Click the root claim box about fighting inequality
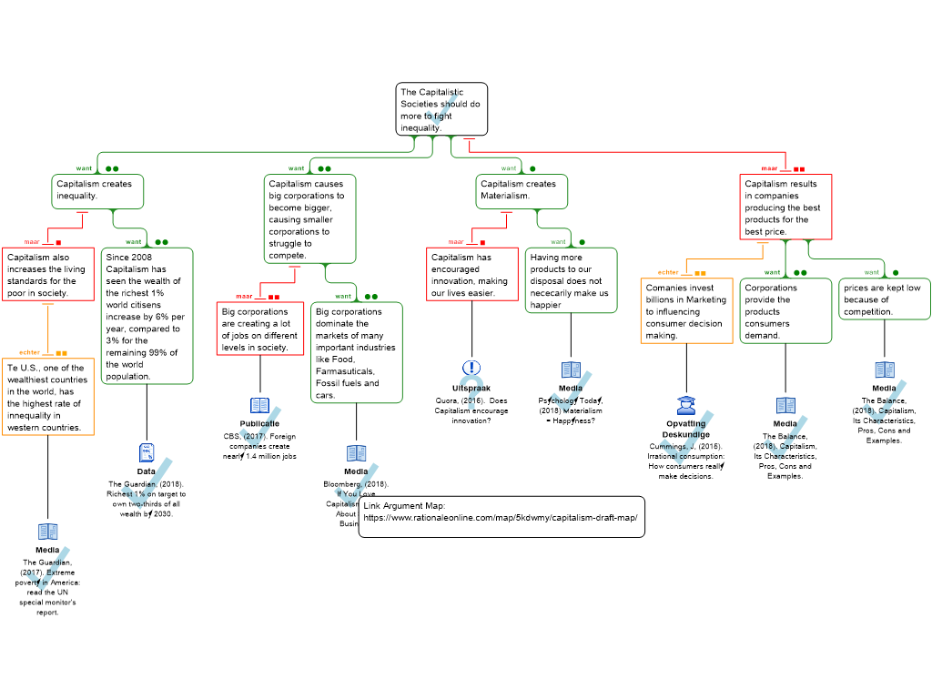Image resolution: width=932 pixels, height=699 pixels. [441, 109]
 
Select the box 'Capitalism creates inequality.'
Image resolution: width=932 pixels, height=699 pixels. [99, 190]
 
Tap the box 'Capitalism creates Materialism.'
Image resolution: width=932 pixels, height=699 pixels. [522, 190]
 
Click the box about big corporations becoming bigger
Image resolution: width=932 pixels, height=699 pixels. [309, 219]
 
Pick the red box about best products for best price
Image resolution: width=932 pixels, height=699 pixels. [785, 208]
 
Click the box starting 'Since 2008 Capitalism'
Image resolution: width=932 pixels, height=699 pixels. [147, 316]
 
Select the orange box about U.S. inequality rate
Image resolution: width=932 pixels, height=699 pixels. [48, 398]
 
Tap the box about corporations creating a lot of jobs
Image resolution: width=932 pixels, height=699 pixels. [260, 329]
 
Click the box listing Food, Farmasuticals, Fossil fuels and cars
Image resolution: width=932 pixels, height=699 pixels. [357, 352]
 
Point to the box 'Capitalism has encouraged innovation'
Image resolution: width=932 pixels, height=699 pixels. [472, 275]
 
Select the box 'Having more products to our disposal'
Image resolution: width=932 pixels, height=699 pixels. [571, 280]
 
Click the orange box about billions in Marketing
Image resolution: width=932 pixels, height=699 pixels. [686, 311]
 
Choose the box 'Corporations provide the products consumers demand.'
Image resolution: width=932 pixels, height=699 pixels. [785, 311]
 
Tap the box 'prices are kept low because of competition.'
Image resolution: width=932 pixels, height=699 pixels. [884, 299]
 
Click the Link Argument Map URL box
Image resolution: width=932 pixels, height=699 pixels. [501, 516]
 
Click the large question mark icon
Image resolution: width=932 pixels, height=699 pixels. [471, 392]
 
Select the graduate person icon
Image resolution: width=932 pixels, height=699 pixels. [686, 406]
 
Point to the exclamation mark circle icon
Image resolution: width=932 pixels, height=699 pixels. [471, 368]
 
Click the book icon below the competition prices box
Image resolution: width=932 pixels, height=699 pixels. [885, 370]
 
